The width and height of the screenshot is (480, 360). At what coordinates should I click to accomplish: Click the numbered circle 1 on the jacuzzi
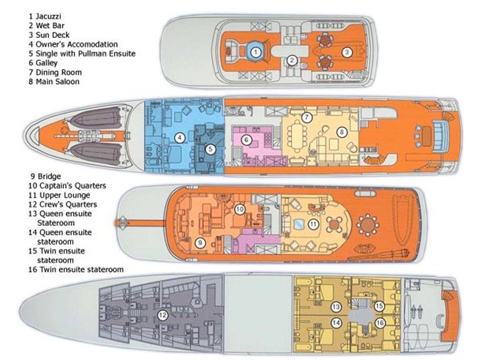(255, 52)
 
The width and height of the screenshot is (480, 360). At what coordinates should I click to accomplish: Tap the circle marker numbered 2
(292, 60)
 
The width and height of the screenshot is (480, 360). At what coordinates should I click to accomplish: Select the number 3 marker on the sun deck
(346, 52)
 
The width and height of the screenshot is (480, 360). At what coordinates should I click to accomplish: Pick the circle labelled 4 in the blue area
(179, 138)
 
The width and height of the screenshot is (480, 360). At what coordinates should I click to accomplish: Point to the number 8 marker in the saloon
(342, 132)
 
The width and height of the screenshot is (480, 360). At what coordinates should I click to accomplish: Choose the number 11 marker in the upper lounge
(314, 225)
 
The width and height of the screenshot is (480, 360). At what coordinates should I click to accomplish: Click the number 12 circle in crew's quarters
(162, 315)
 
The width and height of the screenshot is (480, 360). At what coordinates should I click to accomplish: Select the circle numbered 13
(336, 307)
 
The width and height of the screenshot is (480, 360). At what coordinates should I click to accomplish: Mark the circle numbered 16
(380, 322)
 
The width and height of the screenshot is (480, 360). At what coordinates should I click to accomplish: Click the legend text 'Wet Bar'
(50, 26)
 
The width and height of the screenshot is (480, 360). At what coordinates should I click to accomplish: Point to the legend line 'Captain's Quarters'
(68, 186)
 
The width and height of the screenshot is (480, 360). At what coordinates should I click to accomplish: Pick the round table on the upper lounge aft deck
(367, 225)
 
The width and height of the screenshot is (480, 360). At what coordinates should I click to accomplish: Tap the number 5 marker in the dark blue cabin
(210, 150)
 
